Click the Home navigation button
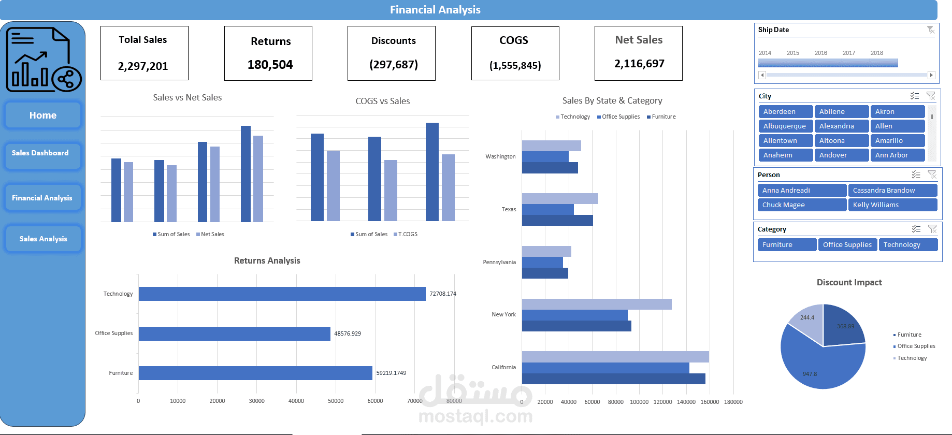click(x=43, y=115)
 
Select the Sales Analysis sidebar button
click(x=43, y=239)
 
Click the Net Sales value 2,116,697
click(x=639, y=64)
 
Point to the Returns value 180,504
click(x=270, y=65)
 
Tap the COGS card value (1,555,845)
click(x=515, y=65)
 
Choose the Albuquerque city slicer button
click(x=785, y=126)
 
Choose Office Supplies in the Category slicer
click(x=847, y=244)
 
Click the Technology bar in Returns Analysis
click(x=282, y=294)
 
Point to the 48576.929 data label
click(x=348, y=334)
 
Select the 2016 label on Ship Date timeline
click(x=821, y=53)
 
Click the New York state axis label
click(x=503, y=314)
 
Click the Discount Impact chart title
click(x=849, y=282)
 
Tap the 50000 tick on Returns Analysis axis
click(x=336, y=401)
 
